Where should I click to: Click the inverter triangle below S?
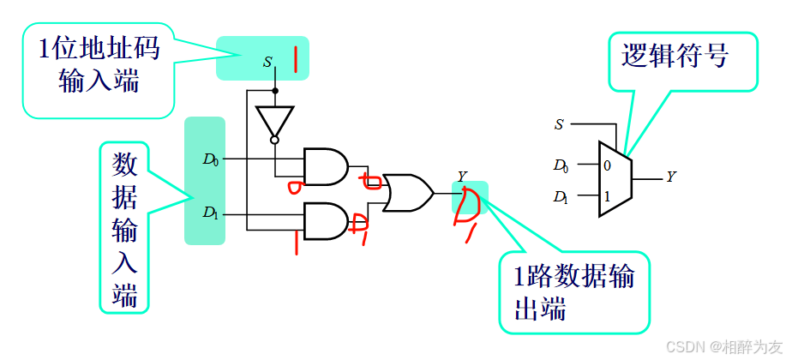point(274,120)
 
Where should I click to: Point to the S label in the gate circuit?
point(267,62)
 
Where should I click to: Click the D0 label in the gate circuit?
point(211,159)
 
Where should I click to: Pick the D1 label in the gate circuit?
point(211,212)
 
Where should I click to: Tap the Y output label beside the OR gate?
point(462,177)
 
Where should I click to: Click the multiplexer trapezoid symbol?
point(615,178)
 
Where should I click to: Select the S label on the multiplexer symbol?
point(559,124)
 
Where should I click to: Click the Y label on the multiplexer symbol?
point(671,177)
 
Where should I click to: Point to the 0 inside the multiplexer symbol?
point(607,165)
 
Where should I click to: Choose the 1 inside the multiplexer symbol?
point(607,196)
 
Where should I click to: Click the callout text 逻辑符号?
point(675,56)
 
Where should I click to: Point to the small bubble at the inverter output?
point(274,140)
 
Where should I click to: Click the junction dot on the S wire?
point(274,89)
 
